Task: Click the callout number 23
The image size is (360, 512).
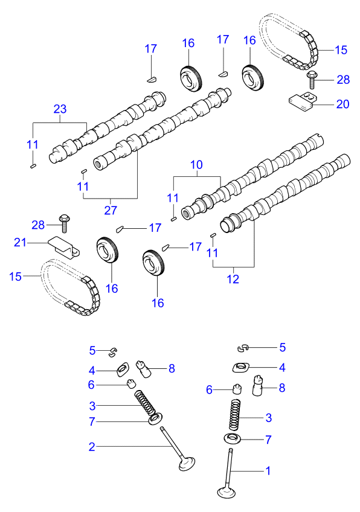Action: coord(60,109)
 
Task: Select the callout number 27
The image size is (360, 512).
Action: coord(111,210)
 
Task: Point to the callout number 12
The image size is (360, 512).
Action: coord(233,279)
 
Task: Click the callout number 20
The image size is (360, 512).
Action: coord(342,104)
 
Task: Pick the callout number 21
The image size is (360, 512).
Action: coord(21,242)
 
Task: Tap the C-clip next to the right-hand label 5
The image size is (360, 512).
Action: coord(243,347)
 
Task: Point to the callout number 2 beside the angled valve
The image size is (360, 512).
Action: coord(92,447)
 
